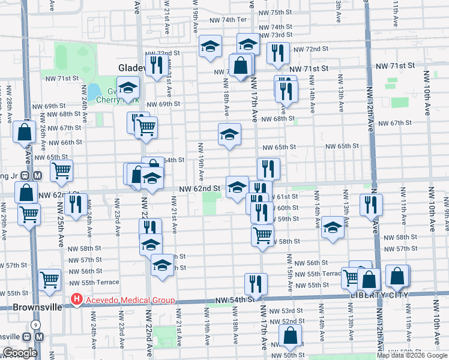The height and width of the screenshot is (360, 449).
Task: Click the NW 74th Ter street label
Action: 228,20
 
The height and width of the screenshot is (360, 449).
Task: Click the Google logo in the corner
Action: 20,353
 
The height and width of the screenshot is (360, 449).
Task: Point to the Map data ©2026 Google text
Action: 411,355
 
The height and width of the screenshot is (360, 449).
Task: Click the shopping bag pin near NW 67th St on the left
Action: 24,132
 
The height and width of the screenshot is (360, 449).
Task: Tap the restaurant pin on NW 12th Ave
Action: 371,203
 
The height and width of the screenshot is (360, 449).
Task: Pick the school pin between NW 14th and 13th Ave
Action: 332,227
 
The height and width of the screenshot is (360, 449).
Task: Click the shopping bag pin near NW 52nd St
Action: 290,337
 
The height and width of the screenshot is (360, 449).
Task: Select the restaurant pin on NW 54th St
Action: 256,284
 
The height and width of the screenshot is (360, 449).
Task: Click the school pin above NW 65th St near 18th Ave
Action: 229,135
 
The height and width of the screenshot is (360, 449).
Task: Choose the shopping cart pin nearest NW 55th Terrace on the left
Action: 50,278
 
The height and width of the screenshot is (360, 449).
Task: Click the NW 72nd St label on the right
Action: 317,49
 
